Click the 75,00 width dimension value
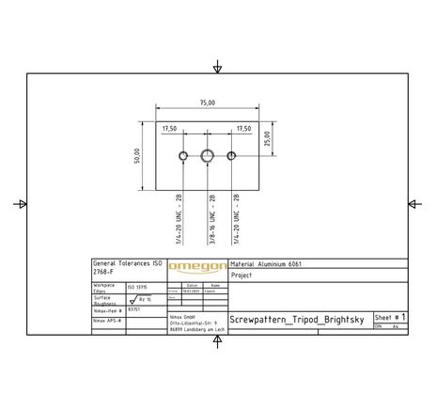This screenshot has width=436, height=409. pyautogui.click(x=207, y=102)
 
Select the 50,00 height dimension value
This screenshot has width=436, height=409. pyautogui.click(x=137, y=154)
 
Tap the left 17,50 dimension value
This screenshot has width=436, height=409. pyautogui.click(x=170, y=128)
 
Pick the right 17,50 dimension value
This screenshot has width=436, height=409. pyautogui.click(x=243, y=128)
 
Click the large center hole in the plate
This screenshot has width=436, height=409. pyautogui.click(x=208, y=155)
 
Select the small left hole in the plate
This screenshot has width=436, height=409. pyautogui.click(x=183, y=155)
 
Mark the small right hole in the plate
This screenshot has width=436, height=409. pyautogui.click(x=232, y=155)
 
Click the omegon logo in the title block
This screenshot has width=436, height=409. pyautogui.click(x=196, y=268)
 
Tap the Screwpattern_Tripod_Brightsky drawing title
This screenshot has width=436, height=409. pyautogui.click(x=297, y=320)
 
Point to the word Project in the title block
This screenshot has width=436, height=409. pyautogui.click(x=241, y=276)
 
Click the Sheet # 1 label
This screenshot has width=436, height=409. pyautogui.click(x=389, y=318)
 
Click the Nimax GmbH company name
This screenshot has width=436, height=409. pyautogui.click(x=184, y=317)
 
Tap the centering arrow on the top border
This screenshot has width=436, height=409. pyautogui.click(x=218, y=68)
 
